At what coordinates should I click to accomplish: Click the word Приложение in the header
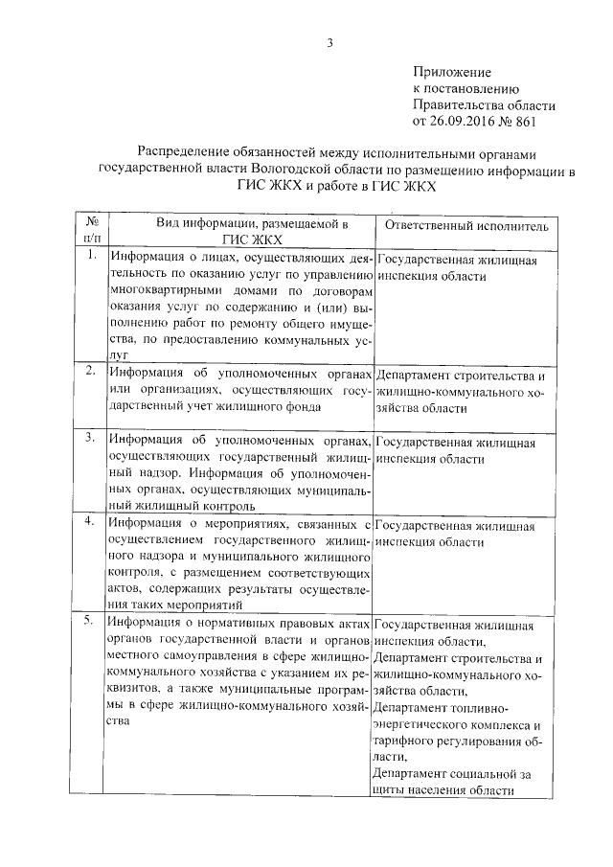tap(452, 72)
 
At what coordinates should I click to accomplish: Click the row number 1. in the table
tap(91, 257)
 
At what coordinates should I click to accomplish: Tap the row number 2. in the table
tap(91, 371)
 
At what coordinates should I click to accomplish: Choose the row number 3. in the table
tap(91, 438)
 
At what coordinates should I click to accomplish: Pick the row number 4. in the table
tap(91, 522)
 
